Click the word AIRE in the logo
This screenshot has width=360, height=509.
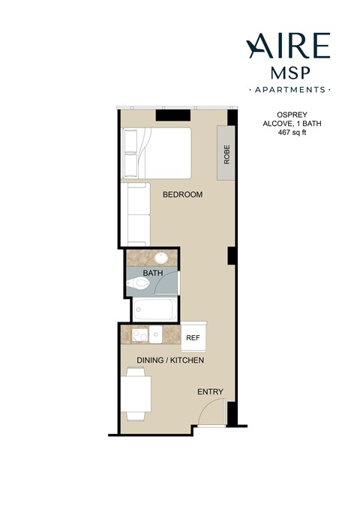point(288,46)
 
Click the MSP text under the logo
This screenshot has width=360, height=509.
point(288,73)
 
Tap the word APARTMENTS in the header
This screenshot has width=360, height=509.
point(288,90)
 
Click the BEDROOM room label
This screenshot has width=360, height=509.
point(183,195)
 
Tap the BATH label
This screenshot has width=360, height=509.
point(153,274)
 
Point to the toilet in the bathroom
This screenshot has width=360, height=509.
point(139,284)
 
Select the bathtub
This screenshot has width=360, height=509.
point(154,308)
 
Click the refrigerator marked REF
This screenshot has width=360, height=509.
point(193,338)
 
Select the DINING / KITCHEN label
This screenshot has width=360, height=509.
point(170,361)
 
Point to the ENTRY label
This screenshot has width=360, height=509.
point(210,392)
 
